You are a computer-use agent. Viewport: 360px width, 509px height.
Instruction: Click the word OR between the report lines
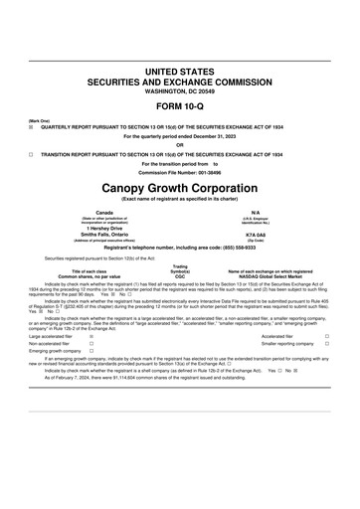tap(179, 145)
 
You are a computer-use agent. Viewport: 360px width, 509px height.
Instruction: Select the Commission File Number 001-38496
tap(179, 172)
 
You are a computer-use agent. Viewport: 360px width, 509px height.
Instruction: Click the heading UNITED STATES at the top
tap(179, 73)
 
